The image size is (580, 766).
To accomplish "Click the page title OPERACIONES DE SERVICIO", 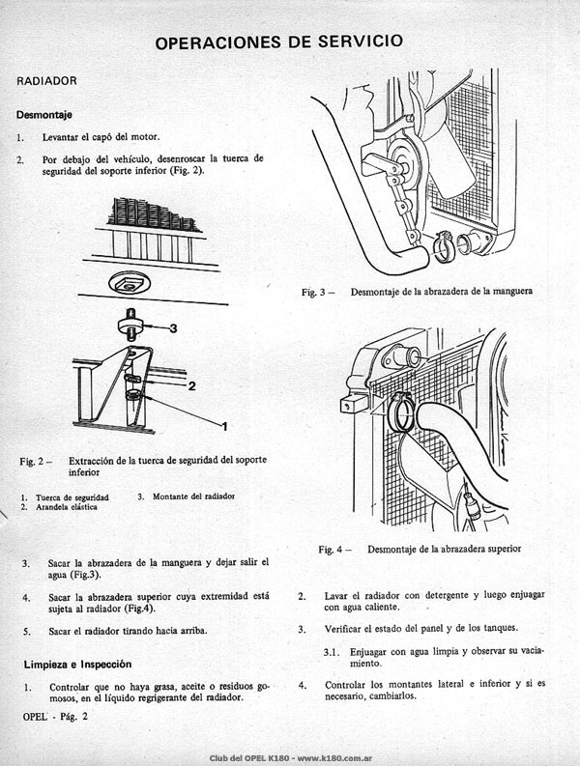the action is pos(279,42).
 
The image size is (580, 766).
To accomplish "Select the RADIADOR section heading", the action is pos(47,81).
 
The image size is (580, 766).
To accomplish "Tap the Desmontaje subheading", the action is pos(44,115).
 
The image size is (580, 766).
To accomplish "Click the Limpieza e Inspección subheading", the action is pos(77,665).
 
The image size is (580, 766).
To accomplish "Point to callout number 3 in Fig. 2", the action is pos(173,328).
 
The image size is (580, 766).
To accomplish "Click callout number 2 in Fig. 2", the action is pos(192,386).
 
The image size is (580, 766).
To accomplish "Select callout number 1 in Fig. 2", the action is pos(224,427).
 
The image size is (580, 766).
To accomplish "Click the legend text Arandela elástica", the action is pos(67,507).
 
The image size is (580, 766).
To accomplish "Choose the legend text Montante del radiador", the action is pos(193,496).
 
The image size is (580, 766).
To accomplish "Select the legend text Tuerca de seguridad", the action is pos(72,497).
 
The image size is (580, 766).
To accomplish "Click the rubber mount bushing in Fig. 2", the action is pos(131,326).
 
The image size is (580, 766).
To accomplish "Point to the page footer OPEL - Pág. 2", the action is pos(55,717).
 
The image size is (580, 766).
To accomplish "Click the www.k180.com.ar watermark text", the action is pos(335,758).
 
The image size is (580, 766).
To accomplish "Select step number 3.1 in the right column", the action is pos(332,653).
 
